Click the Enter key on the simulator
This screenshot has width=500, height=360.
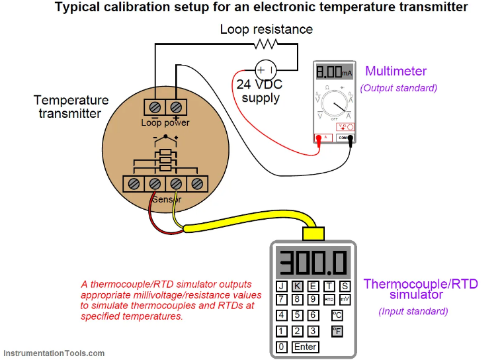[306, 347]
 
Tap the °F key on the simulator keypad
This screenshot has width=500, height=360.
[337, 331]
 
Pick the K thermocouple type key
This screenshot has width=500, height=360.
[297, 286]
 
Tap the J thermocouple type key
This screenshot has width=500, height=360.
[282, 286]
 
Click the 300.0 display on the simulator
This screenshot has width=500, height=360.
[312, 263]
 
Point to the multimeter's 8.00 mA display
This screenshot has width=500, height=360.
[334, 71]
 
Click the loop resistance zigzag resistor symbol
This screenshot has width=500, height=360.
[265, 44]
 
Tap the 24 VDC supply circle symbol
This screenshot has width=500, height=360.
[265, 69]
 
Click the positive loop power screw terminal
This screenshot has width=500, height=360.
[176, 107]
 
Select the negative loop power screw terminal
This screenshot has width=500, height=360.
[155, 107]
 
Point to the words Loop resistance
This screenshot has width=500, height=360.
[266, 29]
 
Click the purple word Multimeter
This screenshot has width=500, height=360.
[396, 71]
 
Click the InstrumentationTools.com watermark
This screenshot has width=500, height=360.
[54, 353]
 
